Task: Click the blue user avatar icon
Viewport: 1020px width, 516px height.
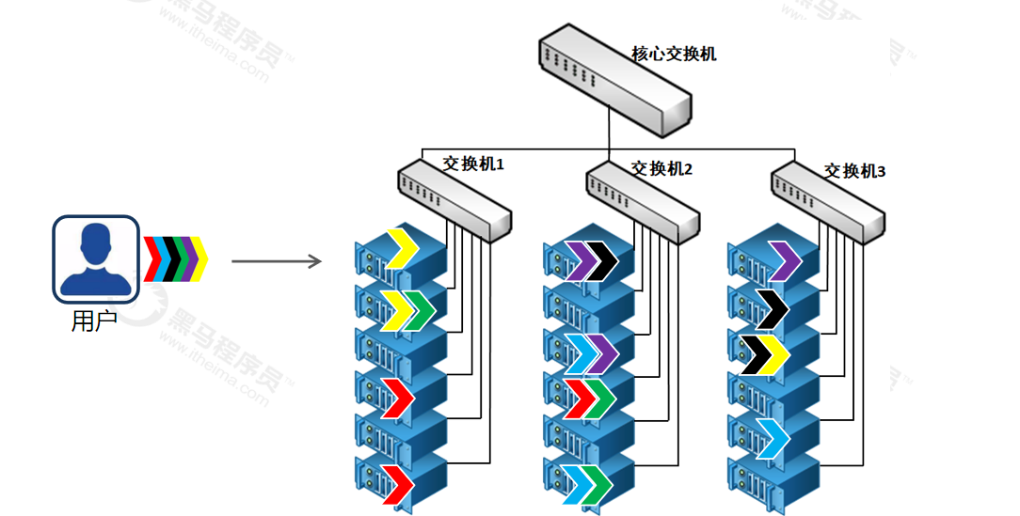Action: click(x=95, y=258)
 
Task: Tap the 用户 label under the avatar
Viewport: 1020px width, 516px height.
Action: click(x=94, y=321)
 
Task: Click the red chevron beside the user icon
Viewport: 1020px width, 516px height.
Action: click(x=151, y=259)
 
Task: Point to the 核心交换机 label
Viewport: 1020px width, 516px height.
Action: click(x=674, y=54)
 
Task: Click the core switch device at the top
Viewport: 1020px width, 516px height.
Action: click(x=614, y=83)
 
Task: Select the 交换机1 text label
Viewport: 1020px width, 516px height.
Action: click(x=474, y=164)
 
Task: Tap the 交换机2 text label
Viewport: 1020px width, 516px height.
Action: click(x=661, y=169)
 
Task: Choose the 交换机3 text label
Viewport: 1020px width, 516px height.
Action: click(x=854, y=171)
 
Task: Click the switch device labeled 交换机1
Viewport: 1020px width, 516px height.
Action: click(x=454, y=198)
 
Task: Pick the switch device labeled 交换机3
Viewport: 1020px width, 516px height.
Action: click(x=828, y=203)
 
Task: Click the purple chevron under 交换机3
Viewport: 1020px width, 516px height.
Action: click(x=784, y=261)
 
